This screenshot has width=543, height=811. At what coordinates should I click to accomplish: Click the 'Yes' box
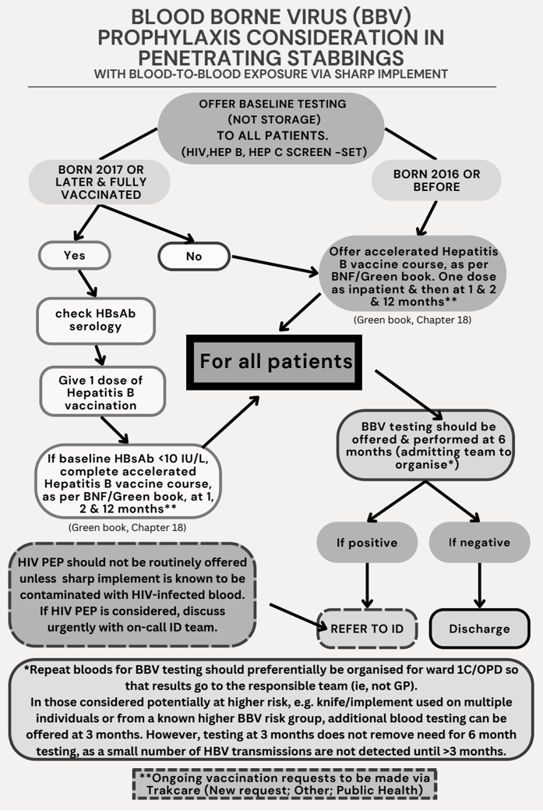[x=75, y=255]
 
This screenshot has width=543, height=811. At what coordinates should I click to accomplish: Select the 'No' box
[x=194, y=256]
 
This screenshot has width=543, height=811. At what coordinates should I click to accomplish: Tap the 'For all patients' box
[x=275, y=362]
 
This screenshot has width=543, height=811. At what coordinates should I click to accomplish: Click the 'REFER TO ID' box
[x=367, y=629]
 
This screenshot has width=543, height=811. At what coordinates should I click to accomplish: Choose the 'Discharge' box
[x=479, y=629]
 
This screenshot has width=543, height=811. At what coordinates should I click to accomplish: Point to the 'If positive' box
[x=367, y=542]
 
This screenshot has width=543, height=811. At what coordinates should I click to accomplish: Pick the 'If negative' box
[x=479, y=542]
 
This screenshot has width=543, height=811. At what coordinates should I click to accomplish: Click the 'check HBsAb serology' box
[x=95, y=320]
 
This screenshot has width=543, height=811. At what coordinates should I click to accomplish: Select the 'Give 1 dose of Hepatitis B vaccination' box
[x=102, y=391]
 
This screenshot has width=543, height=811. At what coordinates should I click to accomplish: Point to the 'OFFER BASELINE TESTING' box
[x=272, y=127]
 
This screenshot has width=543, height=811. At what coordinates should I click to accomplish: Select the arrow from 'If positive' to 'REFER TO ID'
[x=367, y=585]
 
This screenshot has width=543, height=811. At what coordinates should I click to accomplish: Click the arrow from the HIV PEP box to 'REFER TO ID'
[x=296, y=615]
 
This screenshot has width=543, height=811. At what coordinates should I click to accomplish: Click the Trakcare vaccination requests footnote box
[x=284, y=784]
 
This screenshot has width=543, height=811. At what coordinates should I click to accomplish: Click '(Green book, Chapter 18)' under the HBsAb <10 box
[x=126, y=527]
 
